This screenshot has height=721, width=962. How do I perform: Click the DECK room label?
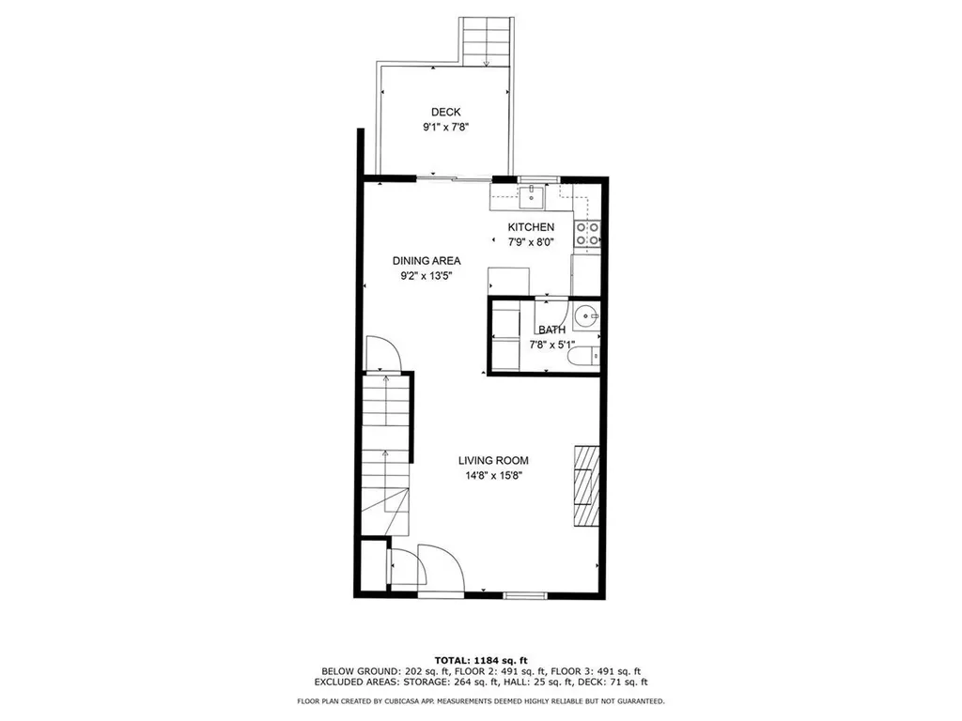coord(445,112)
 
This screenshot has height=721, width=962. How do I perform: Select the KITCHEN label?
coord(531,227)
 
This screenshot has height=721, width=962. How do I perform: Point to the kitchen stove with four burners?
coord(588,234)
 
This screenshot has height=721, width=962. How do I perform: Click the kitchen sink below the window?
coord(532,196)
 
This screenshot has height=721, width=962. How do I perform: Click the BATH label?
coord(551,330)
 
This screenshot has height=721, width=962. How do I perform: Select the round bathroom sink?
coord(586,317)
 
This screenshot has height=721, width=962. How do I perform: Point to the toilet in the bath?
coord(582,357)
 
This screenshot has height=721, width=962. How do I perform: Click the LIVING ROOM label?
coord(493,460)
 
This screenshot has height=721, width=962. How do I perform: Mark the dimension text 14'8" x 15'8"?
coord(493,475)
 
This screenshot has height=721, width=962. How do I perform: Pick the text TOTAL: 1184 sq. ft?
coord(481,659)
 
